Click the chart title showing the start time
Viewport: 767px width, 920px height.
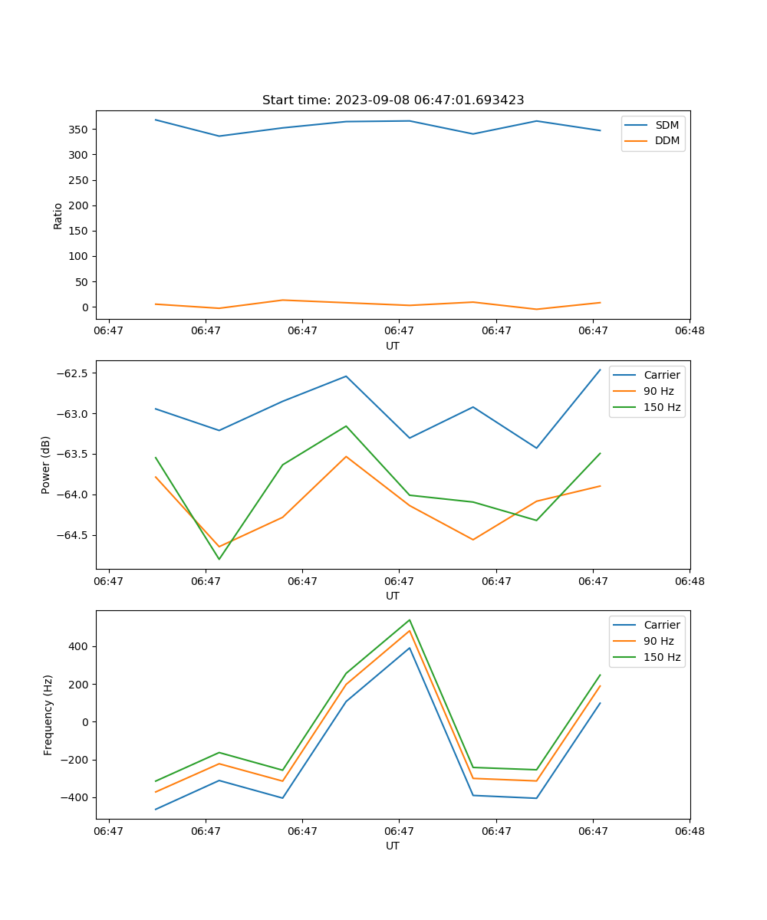coord(393,100)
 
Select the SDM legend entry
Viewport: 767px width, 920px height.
coord(667,125)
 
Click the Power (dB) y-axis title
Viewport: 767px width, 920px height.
coord(46,465)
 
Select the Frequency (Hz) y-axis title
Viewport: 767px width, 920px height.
coord(48,715)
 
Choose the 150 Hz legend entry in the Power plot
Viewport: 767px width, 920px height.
coord(662,407)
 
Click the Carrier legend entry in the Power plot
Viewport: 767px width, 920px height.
coord(662,375)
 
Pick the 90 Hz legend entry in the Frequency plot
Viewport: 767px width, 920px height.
coord(659,641)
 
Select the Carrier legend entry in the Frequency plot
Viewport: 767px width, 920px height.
coord(662,625)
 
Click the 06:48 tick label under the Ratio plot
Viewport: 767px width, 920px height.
coord(690,331)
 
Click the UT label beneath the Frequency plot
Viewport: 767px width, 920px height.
coord(393,846)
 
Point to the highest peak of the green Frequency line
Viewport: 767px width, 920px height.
coord(410,620)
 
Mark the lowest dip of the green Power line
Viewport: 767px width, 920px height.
coord(219,559)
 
